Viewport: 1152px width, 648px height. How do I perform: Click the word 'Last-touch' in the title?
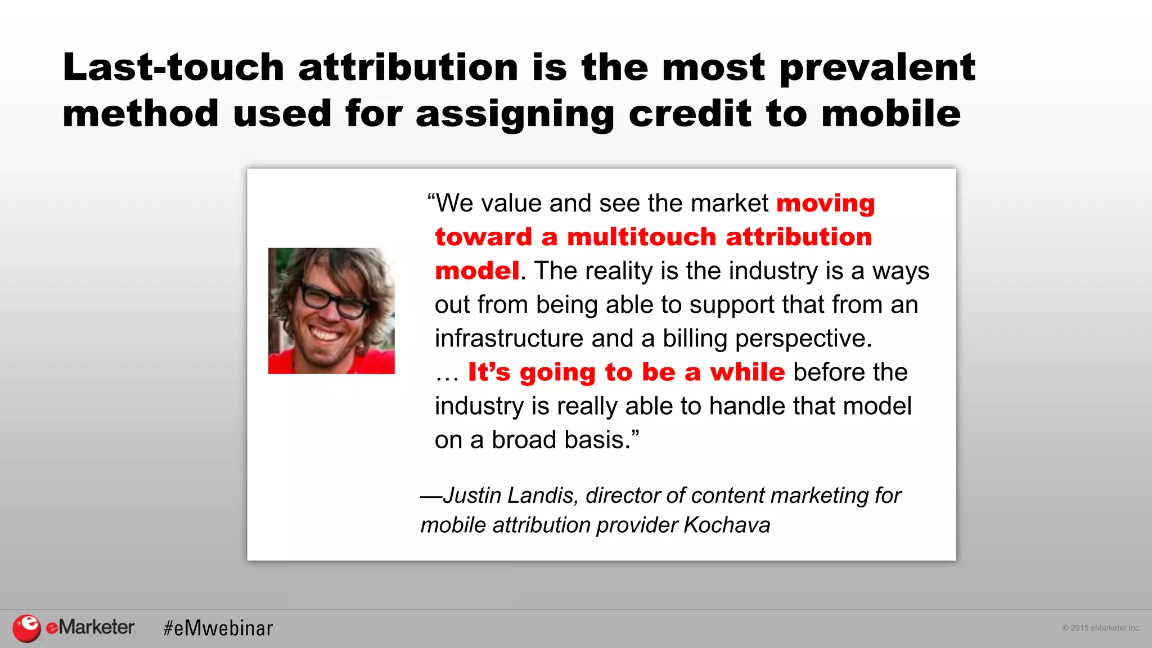tap(173, 67)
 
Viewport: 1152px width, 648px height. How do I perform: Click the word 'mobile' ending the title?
tap(891, 113)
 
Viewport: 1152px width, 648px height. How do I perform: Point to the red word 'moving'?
tap(825, 203)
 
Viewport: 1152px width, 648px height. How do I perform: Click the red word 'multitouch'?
tap(641, 237)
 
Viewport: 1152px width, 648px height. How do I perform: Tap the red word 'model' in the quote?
tap(477, 271)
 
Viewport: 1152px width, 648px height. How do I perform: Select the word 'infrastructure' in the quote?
tap(508, 339)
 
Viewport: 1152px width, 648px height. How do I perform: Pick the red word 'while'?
tap(747, 372)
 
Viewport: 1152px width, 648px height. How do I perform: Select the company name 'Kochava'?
tap(727, 525)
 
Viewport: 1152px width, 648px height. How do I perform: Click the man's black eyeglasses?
tap(332, 301)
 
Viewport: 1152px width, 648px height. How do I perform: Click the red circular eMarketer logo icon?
tap(26, 628)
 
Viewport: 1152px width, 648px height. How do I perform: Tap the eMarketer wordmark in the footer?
tap(91, 627)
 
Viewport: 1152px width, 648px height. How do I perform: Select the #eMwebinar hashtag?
tap(218, 628)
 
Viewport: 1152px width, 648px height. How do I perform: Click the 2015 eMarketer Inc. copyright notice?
tap(1101, 628)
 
